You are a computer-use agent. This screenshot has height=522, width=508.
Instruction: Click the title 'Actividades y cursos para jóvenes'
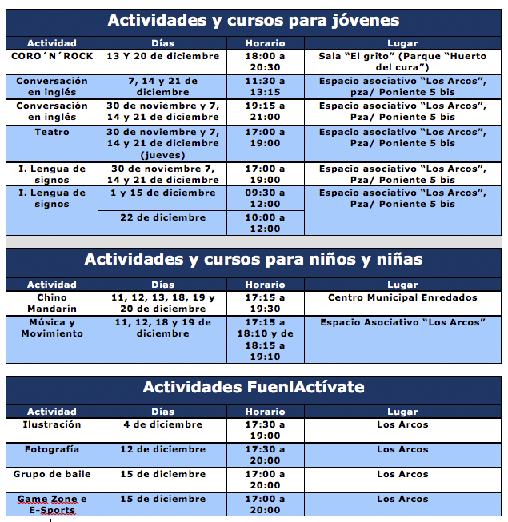254,20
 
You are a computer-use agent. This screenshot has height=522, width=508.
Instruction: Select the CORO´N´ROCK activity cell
51,62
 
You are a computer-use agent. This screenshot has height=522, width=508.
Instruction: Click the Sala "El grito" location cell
402,62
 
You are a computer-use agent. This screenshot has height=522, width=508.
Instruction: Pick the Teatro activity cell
51,143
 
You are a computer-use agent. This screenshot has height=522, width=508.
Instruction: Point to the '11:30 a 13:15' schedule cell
265,86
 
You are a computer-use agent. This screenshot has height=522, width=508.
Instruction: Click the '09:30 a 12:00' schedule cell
265,198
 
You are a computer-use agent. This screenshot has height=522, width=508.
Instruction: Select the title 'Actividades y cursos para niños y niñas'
254,260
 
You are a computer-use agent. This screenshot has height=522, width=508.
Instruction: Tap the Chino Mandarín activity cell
51,303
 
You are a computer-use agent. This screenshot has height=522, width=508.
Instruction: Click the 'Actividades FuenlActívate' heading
254,388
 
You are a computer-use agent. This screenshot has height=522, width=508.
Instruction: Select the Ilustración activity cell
51,430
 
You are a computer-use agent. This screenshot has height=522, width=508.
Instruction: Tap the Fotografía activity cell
51,455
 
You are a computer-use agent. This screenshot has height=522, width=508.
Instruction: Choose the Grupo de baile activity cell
51,480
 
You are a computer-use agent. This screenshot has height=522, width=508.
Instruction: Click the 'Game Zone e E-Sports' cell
51,504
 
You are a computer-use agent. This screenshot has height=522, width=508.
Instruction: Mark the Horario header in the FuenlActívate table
265,412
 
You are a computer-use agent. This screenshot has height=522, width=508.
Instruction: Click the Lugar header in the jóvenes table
402,43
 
